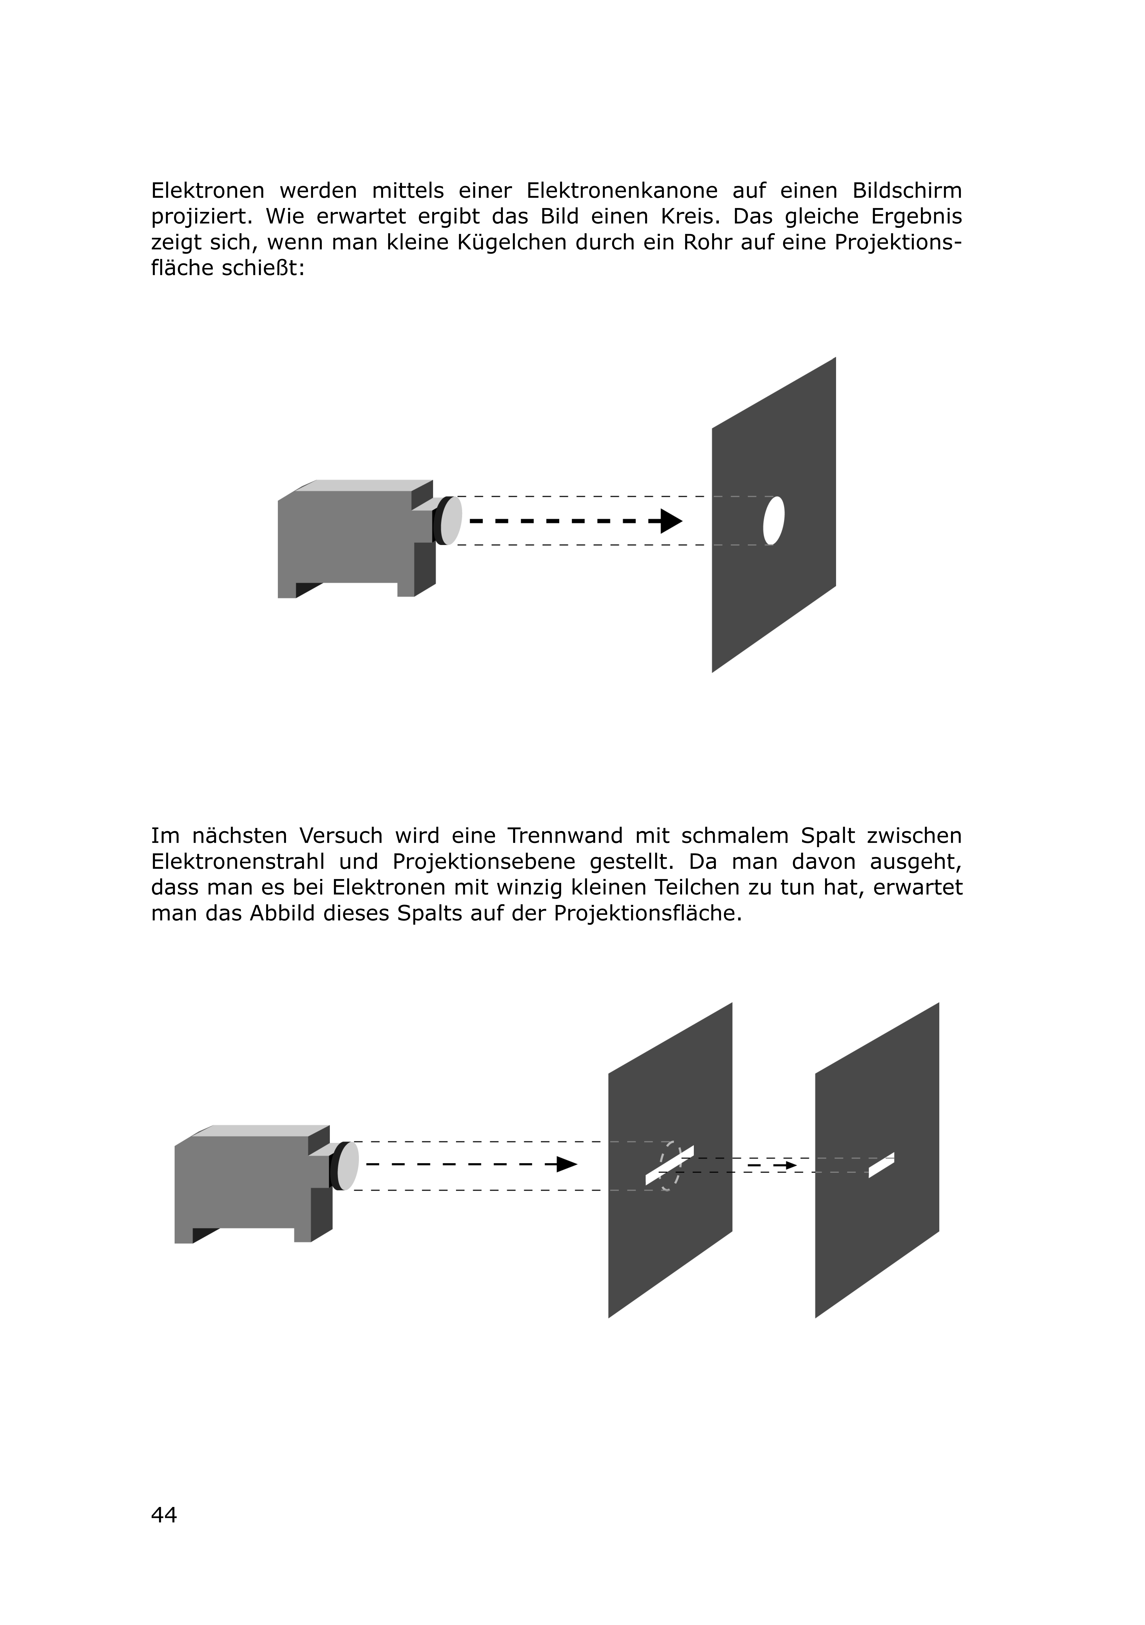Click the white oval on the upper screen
pyautogui.click(x=773, y=521)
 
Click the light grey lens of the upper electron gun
pyautogui.click(x=451, y=521)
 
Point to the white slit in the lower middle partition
pyautogui.click(x=669, y=1165)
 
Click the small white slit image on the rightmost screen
pyautogui.click(x=881, y=1165)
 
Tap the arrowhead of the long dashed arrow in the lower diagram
pyautogui.click(x=567, y=1164)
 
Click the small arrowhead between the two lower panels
pyautogui.click(x=790, y=1165)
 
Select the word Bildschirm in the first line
pyautogui.click(x=907, y=191)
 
